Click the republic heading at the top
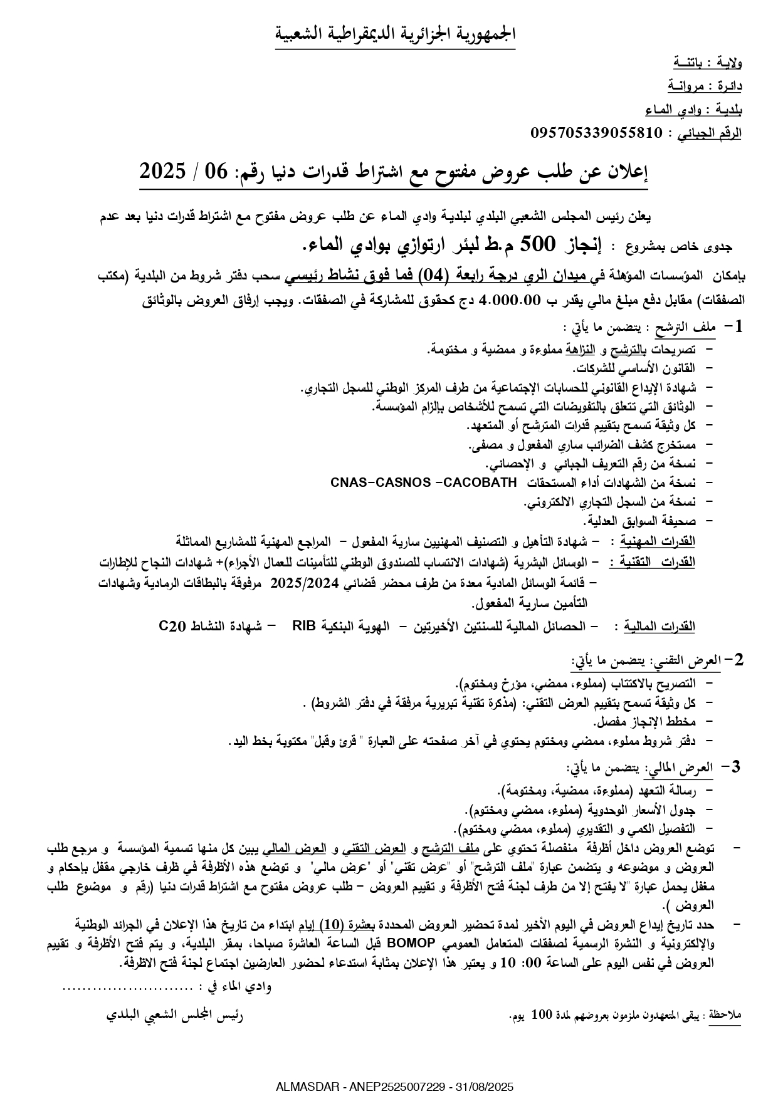pyautogui.click(x=395, y=34)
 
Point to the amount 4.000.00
pyautogui.click(x=508, y=301)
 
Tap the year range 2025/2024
pyautogui.click(x=305, y=583)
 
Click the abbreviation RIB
pyautogui.click(x=304, y=625)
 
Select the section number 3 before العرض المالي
pyautogui.click(x=736, y=766)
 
